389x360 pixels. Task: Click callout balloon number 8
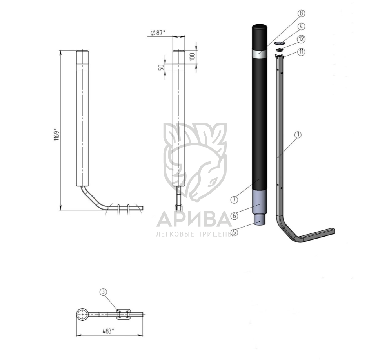pos(301,13)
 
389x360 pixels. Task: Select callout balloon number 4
pos(301,26)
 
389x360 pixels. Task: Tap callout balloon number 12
pos(301,39)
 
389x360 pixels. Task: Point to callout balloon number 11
pos(301,52)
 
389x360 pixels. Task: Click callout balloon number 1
pos(298,135)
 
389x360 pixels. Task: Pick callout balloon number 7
pos(234,199)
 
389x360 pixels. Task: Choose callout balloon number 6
pos(234,216)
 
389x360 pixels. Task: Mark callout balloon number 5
pos(234,232)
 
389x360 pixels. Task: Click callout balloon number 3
pos(104,292)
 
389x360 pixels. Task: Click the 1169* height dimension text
pos(56,134)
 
